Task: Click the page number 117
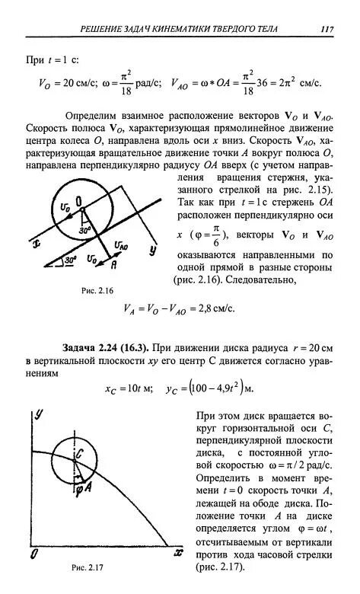click(x=327, y=30)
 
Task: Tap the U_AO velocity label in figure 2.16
click(x=120, y=244)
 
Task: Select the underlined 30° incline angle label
click(x=70, y=260)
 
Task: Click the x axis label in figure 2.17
click(x=178, y=551)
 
